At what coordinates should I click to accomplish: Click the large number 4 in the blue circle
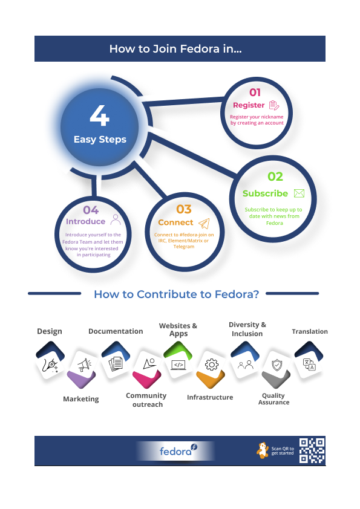coord(99,115)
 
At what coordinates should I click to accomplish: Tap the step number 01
coord(255,92)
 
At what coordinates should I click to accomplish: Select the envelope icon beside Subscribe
coord(299,193)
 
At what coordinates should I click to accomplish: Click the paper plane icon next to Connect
coord(204,223)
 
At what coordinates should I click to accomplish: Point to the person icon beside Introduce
coord(116,219)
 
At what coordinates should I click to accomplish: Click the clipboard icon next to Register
coord(274,105)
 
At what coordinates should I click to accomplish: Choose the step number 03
coord(184,209)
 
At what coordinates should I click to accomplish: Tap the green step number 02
coord(275,177)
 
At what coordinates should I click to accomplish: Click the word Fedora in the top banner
coord(200,49)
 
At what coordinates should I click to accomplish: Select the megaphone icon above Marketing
coord(84,365)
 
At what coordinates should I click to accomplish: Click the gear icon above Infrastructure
coord(212,365)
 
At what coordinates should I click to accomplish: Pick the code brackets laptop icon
coord(178,365)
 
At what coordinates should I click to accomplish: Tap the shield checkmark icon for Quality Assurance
coord(277,365)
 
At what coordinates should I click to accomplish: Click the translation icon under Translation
coord(309,365)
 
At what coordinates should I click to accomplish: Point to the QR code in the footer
coord(312,450)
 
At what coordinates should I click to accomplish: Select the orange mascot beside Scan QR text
coord(263,450)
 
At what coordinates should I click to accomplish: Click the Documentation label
coord(116,331)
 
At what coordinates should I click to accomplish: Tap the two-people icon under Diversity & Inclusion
coord(245,365)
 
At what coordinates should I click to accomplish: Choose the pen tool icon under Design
coord(50,365)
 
